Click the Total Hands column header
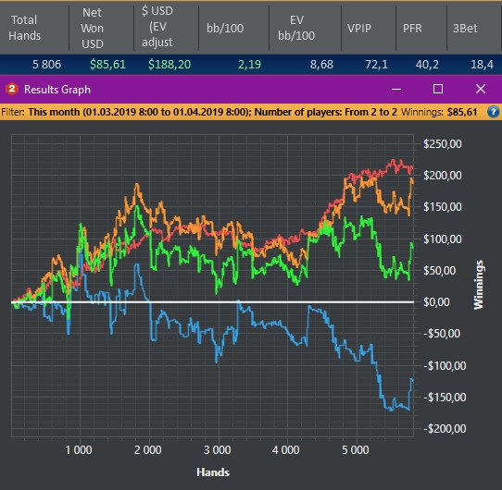point(24,28)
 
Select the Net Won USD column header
point(93,28)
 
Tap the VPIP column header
point(359,28)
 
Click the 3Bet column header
point(465,28)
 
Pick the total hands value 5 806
point(46,64)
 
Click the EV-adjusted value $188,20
point(169,64)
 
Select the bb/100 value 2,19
point(249,64)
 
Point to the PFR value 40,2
point(427,64)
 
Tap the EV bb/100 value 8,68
point(321,64)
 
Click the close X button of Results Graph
point(481,89)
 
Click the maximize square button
point(438,89)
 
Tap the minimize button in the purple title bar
point(396,89)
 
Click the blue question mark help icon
point(494,112)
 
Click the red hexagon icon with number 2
point(12,89)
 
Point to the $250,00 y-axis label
point(443,144)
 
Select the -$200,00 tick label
point(445,429)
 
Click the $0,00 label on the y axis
point(436,301)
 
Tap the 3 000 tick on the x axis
point(217,450)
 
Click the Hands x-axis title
point(213,472)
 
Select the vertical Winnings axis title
point(479,285)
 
